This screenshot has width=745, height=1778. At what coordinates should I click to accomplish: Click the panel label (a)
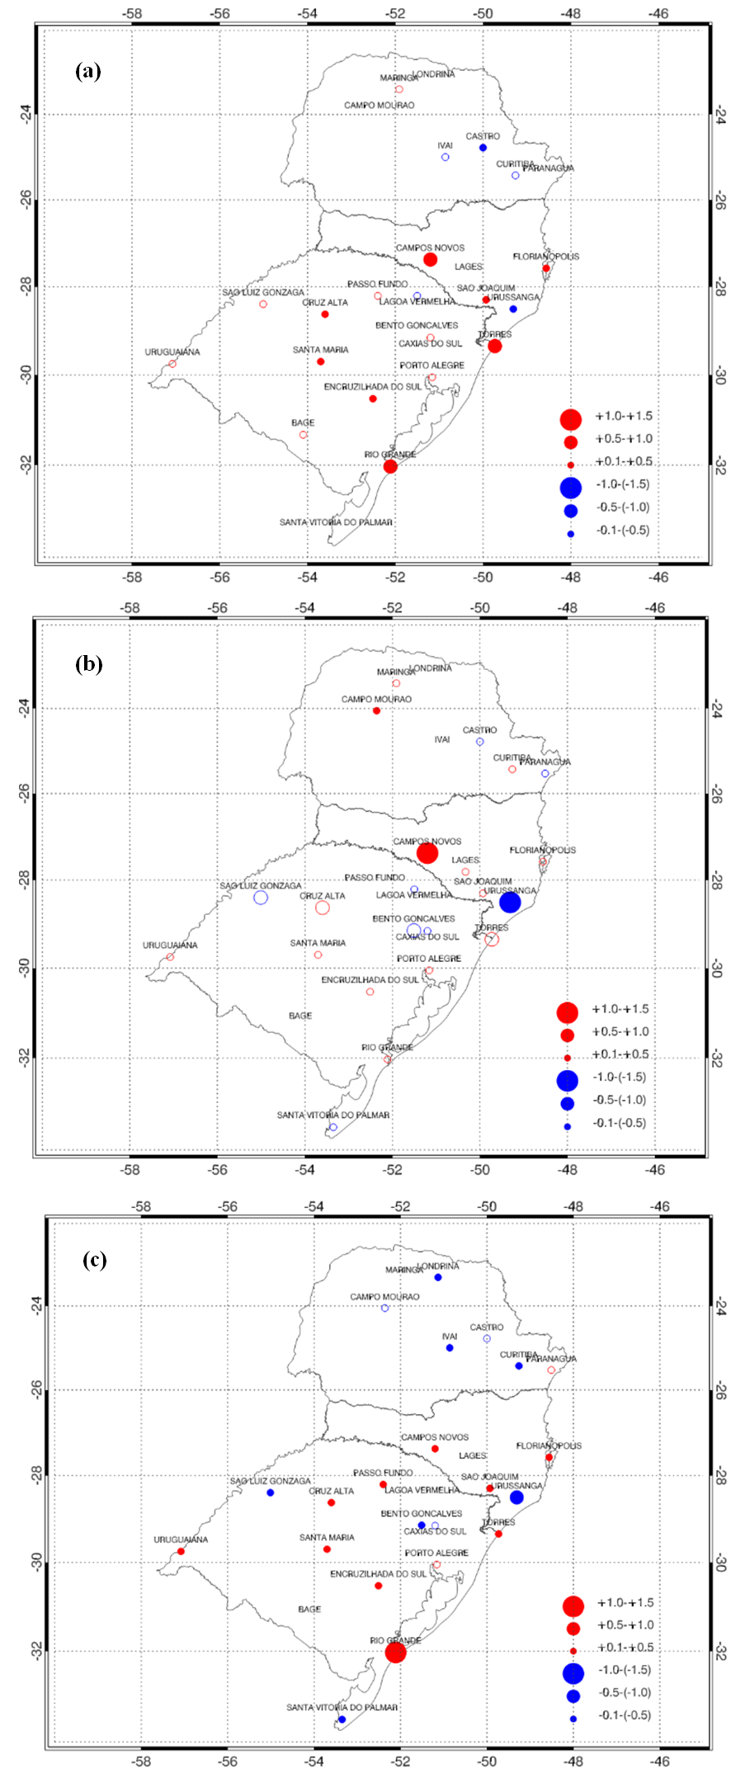pyautogui.click(x=88, y=71)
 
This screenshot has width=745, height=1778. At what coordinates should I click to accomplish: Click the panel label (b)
pyautogui.click(x=88, y=664)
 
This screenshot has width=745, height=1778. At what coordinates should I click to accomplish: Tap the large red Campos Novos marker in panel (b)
pyautogui.click(x=427, y=853)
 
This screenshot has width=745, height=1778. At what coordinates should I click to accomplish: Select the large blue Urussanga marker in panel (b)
pyautogui.click(x=510, y=902)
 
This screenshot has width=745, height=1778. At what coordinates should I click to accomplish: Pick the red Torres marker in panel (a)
pyautogui.click(x=494, y=346)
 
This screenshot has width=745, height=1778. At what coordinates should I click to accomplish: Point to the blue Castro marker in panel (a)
pyautogui.click(x=483, y=148)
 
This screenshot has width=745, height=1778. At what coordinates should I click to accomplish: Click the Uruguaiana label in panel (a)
pyautogui.click(x=172, y=352)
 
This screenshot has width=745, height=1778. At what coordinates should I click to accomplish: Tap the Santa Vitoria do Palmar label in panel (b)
pyautogui.click(x=333, y=1115)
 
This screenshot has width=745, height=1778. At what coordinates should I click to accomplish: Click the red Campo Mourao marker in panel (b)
pyautogui.click(x=376, y=710)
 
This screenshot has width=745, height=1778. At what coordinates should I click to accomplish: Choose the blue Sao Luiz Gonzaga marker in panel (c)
pyautogui.click(x=270, y=1493)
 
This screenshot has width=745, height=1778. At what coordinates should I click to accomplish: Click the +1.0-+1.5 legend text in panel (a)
pyautogui.click(x=624, y=416)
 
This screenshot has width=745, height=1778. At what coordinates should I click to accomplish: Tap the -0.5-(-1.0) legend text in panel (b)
pyautogui.click(x=620, y=1100)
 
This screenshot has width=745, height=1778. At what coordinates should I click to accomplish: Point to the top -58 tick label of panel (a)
pyautogui.click(x=131, y=14)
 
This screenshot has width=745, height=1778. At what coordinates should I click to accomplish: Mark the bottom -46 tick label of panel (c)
pyautogui.click(x=660, y=1761)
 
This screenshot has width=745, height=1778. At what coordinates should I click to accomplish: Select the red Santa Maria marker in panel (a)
pyautogui.click(x=320, y=361)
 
